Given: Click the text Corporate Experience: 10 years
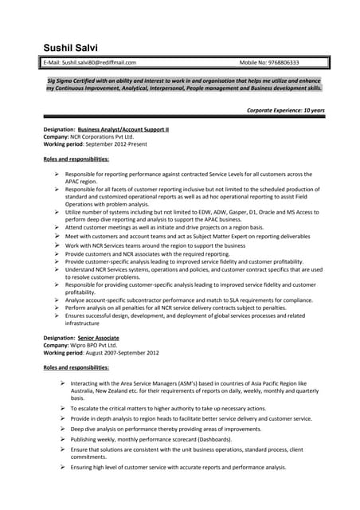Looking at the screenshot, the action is point(285,110).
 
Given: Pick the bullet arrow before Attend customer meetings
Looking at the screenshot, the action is point(57,227).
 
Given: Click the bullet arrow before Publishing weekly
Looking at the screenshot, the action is point(62,439).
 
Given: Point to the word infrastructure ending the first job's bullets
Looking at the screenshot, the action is point(83,324).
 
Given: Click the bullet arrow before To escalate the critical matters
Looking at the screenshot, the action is point(62,408).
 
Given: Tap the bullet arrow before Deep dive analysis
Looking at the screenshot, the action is point(62,429).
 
